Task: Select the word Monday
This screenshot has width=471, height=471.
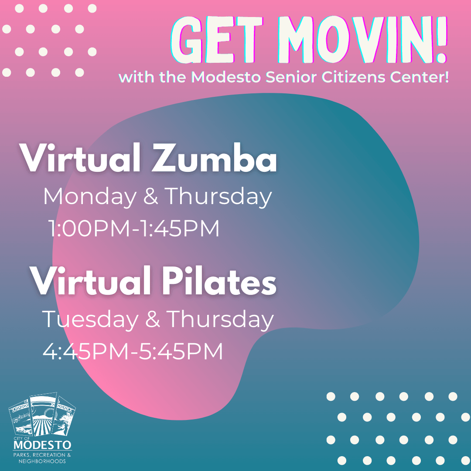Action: [x=89, y=197]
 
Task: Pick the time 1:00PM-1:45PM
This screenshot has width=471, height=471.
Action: [x=134, y=229]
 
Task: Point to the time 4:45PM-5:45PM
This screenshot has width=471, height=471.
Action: [x=133, y=351]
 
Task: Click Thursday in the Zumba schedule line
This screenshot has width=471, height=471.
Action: [x=218, y=197]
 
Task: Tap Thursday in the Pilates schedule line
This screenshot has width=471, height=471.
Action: [x=220, y=319]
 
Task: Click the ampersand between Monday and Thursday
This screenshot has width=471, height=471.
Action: [x=150, y=197]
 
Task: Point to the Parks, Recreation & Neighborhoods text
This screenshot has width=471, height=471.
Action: [x=42, y=458]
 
